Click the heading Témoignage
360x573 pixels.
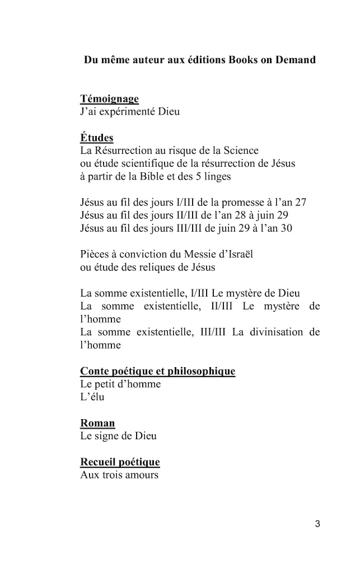pyautogui.click(x=109, y=99)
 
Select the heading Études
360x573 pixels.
pyautogui.click(x=97, y=138)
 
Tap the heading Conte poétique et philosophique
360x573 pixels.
pyautogui.click(x=157, y=372)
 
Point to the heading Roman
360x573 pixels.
pyautogui.click(x=97, y=424)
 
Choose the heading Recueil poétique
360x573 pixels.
pyautogui.click(x=120, y=463)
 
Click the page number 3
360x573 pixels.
pyautogui.click(x=317, y=524)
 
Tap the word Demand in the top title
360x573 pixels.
pyautogui.click(x=295, y=60)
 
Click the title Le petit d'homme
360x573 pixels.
pyautogui.click(x=120, y=384)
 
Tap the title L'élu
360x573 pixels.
pyautogui.click(x=92, y=397)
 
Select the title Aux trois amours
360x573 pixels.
pyautogui.click(x=119, y=476)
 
